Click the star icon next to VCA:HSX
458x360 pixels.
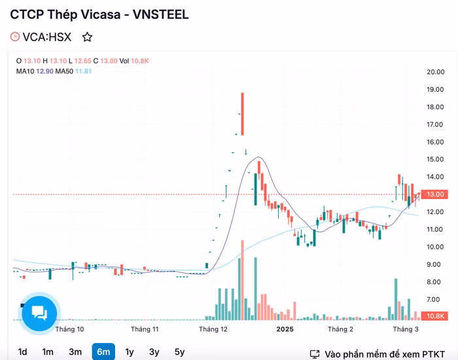coord(87,37)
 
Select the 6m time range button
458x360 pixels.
coord(103,351)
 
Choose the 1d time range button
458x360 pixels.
coord(22,351)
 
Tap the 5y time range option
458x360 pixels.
coord(179,351)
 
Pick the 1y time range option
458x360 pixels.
coord(130,351)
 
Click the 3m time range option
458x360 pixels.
coord(75,351)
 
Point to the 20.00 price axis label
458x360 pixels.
coord(436,72)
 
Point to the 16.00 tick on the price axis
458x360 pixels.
coord(436,142)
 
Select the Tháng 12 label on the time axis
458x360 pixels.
coord(213,329)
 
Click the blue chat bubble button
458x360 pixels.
coord(39,314)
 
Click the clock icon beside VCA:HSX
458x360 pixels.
coord(16,37)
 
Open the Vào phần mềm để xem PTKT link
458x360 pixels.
coord(384,354)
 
